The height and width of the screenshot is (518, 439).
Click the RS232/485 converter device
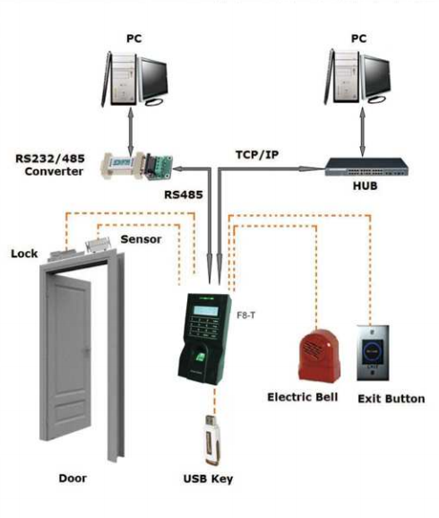pyautogui.click(x=137, y=166)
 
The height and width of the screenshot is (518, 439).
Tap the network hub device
pyautogui.click(x=366, y=168)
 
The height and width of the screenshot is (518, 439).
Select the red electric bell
pyautogui.click(x=319, y=356)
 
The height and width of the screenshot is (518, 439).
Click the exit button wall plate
pyautogui.click(x=373, y=353)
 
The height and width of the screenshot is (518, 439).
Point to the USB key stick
pyautogui.click(x=211, y=440)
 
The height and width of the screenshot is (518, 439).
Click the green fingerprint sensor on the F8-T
pyautogui.click(x=201, y=358)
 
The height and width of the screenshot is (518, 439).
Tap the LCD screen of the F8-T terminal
pyautogui.click(x=206, y=311)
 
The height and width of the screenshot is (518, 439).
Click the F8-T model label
pyautogui.click(x=246, y=315)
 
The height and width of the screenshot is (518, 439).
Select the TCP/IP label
pyautogui.click(x=257, y=155)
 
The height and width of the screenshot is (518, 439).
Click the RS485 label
pyautogui.click(x=184, y=194)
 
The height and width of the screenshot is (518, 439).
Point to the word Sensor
pyautogui.click(x=141, y=239)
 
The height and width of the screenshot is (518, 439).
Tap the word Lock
pyautogui.click(x=24, y=254)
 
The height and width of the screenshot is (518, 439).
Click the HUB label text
pyautogui.click(x=365, y=186)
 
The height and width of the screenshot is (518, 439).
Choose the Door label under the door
pyautogui.click(x=73, y=478)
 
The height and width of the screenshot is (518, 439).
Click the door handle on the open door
pyautogui.click(x=87, y=351)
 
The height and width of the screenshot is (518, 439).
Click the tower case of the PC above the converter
pyautogui.click(x=122, y=78)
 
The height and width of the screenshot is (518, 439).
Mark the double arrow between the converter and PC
pyautogui.click(x=131, y=131)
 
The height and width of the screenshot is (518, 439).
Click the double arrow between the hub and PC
pyautogui.click(x=363, y=131)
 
